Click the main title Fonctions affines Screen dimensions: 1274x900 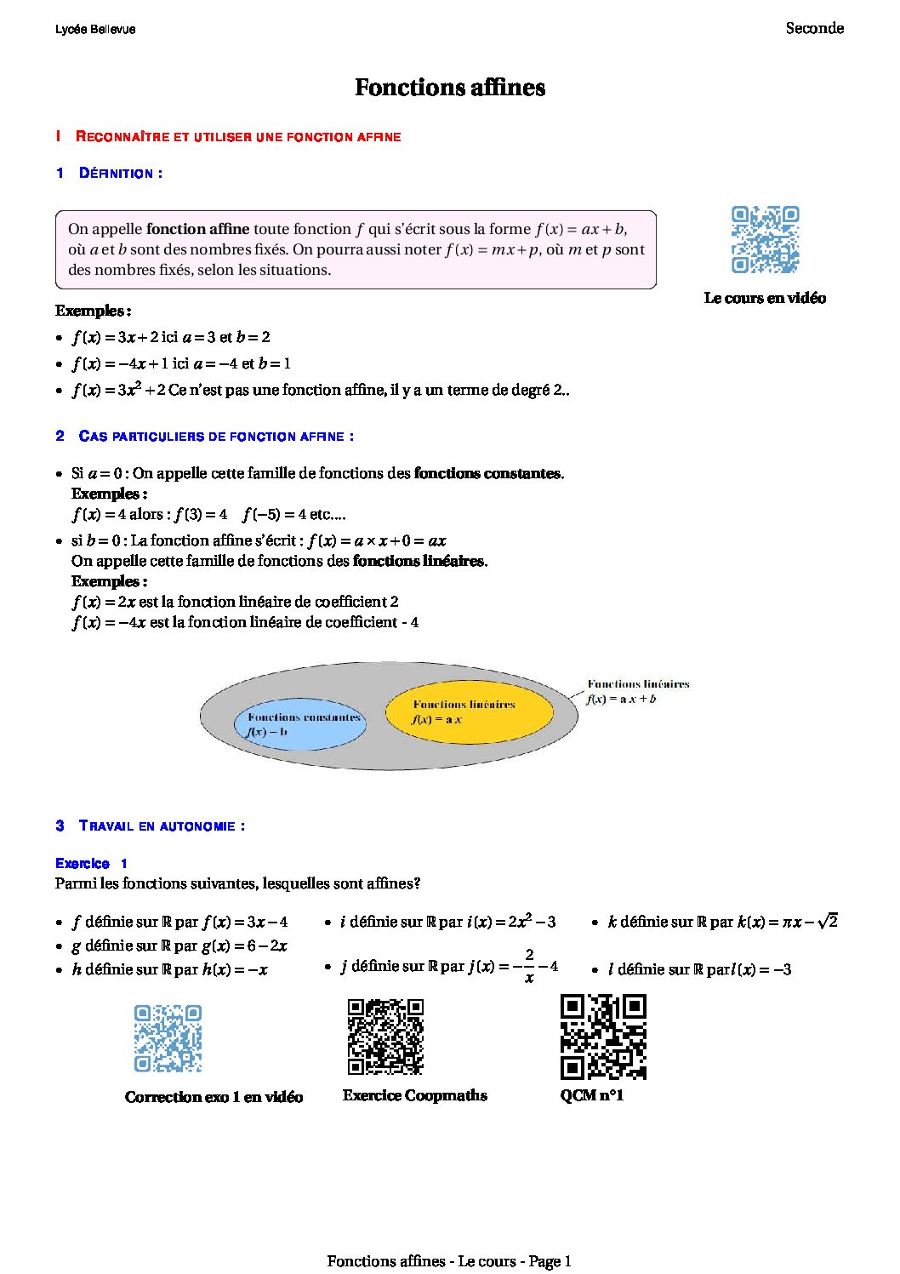pyautogui.click(x=449, y=88)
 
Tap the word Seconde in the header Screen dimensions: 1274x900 pyautogui.click(x=814, y=28)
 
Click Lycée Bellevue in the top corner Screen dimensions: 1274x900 pyautogui.click(x=95, y=29)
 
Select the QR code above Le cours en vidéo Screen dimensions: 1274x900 pyautogui.click(x=765, y=239)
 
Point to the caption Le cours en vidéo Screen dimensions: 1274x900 pyautogui.click(x=765, y=298)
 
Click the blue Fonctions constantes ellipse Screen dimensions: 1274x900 pyautogui.click(x=300, y=725)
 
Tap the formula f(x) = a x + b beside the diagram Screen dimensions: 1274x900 pyautogui.click(x=621, y=700)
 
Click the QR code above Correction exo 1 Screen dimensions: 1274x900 pyautogui.click(x=168, y=1038)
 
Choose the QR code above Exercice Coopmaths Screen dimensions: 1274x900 pyautogui.click(x=385, y=1037)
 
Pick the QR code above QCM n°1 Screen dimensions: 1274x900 pyautogui.click(x=603, y=1037)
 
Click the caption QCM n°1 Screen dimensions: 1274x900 pyautogui.click(x=592, y=1095)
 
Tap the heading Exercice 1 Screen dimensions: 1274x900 pyautogui.click(x=91, y=863)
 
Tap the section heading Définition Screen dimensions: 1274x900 pyautogui.click(x=120, y=174)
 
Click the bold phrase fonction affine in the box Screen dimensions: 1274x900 pyautogui.click(x=197, y=229)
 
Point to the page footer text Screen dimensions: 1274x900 pyautogui.click(x=449, y=1261)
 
